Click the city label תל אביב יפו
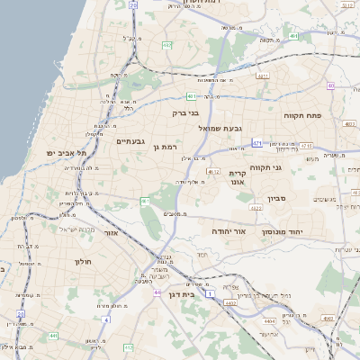click(x=69, y=153)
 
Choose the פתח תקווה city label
click(x=326, y=116)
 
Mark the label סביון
click(x=276, y=199)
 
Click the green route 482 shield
click(x=167, y=44)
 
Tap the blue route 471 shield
click(x=257, y=142)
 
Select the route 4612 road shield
click(x=213, y=170)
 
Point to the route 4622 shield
click(x=256, y=208)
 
